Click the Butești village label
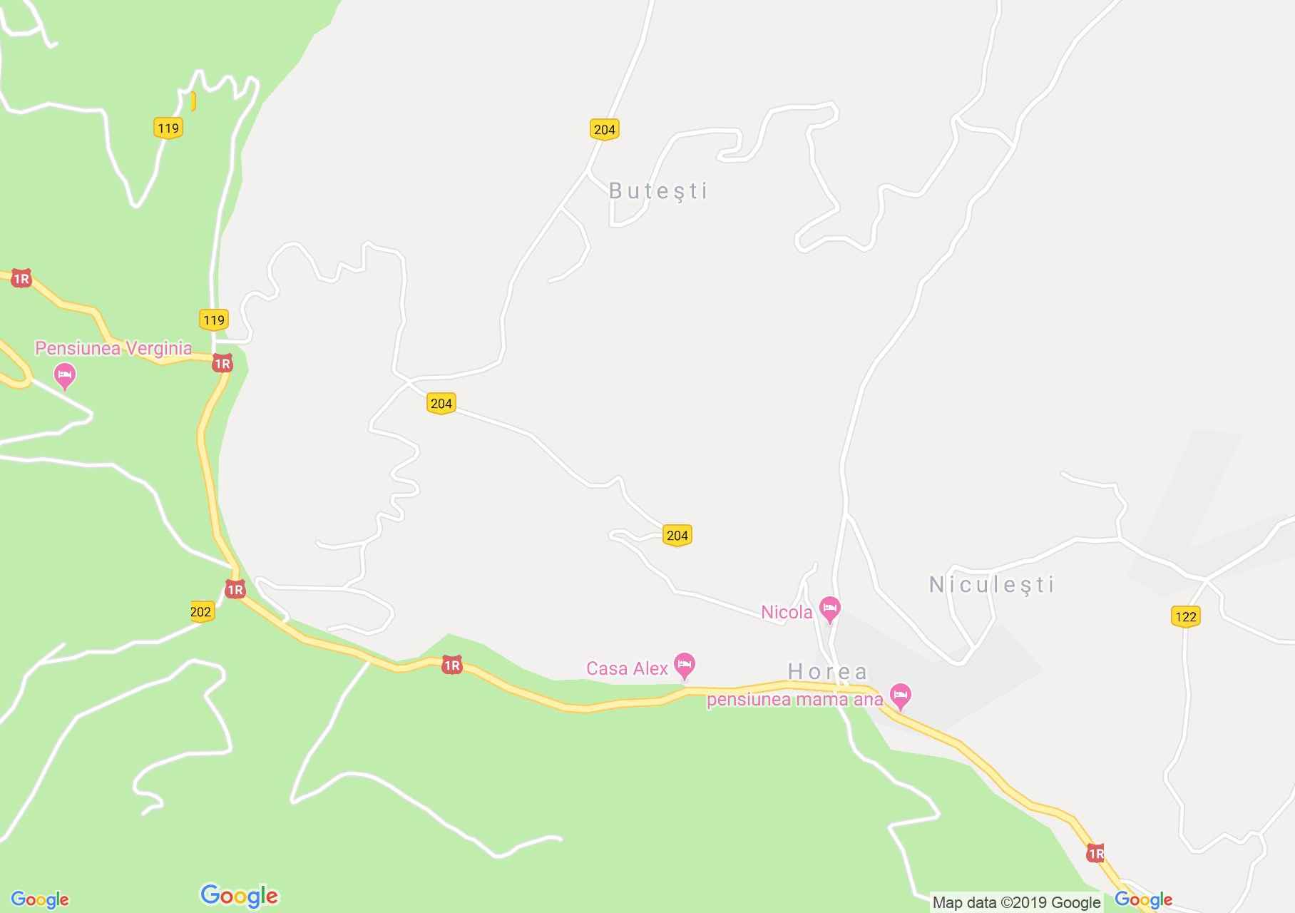(658, 191)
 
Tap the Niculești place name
(991, 585)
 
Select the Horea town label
(827, 671)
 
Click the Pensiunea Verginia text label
(113, 348)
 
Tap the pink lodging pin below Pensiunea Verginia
(65, 375)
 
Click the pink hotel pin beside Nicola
(829, 610)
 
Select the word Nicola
(787, 612)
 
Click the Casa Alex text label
(627, 668)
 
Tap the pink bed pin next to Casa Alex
(685, 665)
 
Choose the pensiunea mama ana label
(794, 699)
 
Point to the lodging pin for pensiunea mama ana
(901, 695)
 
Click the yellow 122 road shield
(1185, 616)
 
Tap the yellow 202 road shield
(202, 611)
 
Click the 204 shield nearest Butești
(604, 129)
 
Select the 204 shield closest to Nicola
(677, 535)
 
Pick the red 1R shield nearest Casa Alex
(451, 665)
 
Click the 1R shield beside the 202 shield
(235, 589)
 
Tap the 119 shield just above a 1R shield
(214, 320)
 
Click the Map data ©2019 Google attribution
(1016, 902)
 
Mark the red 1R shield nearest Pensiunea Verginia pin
(222, 364)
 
